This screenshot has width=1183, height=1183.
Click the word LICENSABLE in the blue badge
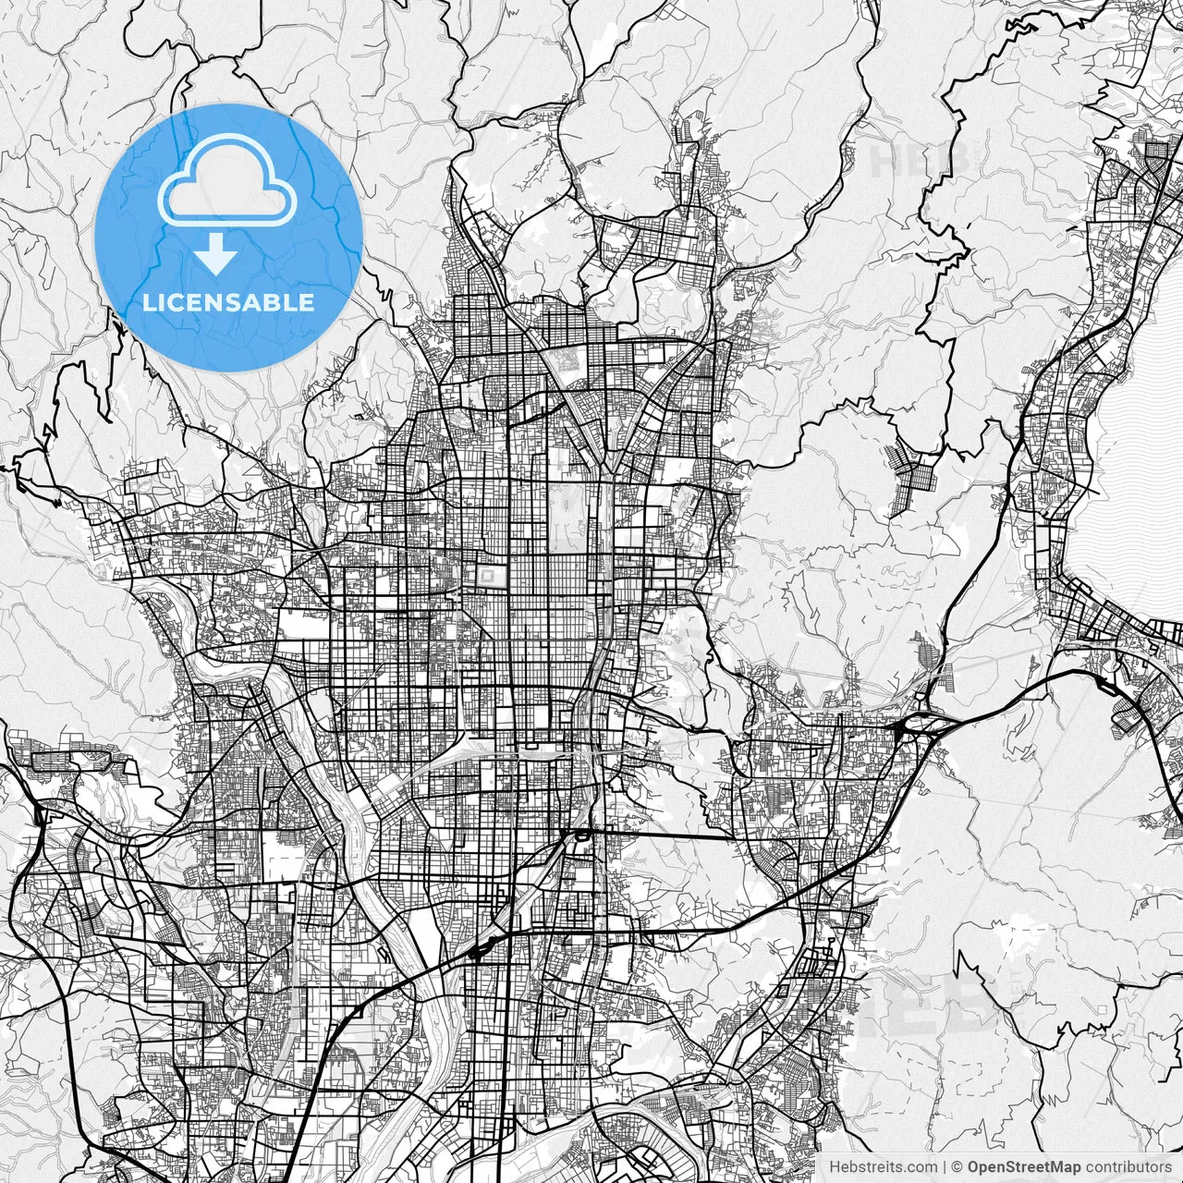click(x=228, y=302)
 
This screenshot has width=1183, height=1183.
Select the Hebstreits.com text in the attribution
click(x=882, y=1167)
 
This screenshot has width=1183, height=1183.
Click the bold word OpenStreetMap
click(x=1024, y=1167)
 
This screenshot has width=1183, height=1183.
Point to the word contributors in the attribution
click(x=1128, y=1167)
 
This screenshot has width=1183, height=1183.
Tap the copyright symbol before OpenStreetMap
click(x=957, y=1167)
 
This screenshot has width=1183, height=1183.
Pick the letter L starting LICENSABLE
click(x=148, y=302)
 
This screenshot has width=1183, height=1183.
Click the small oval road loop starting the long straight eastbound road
click(x=581, y=836)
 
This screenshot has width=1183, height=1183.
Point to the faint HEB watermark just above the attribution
click(x=933, y=1003)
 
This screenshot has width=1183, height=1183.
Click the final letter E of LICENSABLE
click(x=307, y=302)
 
